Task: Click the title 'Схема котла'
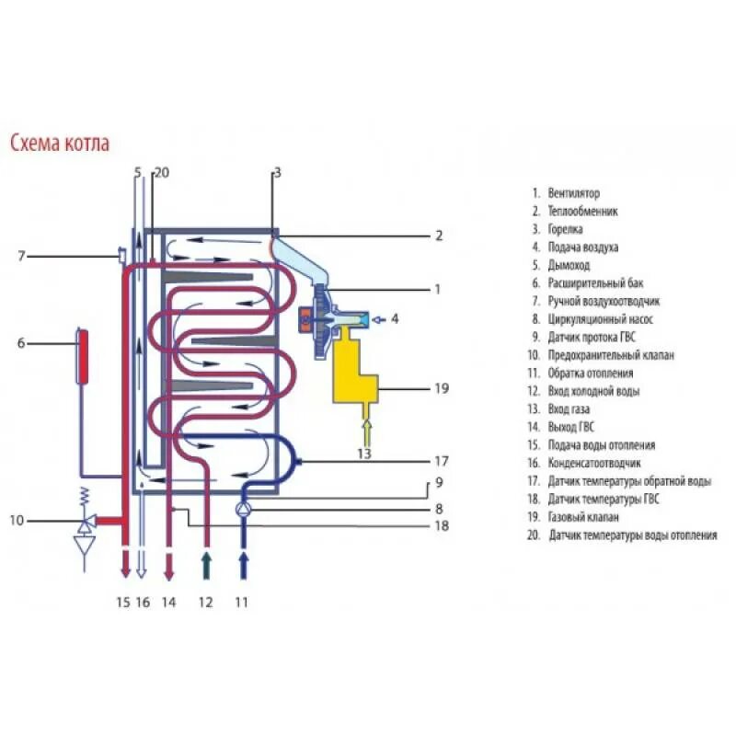click(x=60, y=144)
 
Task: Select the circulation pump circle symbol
click(x=244, y=509)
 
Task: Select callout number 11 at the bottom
click(x=241, y=603)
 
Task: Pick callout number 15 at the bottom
click(x=123, y=603)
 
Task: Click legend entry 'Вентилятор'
click(x=572, y=194)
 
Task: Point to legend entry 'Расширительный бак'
click(x=592, y=283)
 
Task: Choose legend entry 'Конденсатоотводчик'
click(x=594, y=464)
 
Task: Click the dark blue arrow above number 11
click(x=244, y=563)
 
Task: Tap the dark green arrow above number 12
click(x=206, y=563)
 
